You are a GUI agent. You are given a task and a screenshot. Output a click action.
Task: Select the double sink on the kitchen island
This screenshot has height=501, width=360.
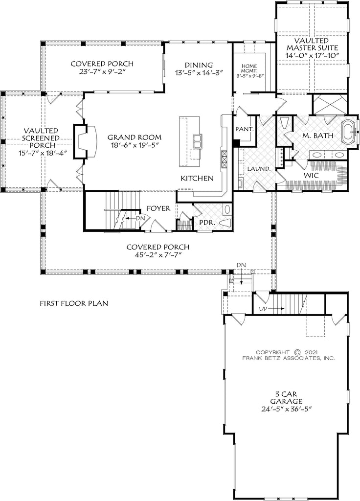pos(198,142)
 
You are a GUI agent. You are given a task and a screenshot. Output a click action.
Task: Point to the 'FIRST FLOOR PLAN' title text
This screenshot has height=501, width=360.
pos(74,303)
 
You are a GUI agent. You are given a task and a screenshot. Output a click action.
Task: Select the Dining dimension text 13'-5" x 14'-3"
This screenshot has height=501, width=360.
pos(199,73)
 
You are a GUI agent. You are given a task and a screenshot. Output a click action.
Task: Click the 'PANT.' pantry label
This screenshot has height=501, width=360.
pos(244,129)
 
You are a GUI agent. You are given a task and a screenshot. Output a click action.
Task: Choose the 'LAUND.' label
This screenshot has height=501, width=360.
pos(259,168)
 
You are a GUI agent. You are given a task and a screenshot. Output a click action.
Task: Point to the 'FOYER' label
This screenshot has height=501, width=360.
pos(158,208)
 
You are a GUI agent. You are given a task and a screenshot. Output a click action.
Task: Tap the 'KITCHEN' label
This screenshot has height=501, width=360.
pos(197,178)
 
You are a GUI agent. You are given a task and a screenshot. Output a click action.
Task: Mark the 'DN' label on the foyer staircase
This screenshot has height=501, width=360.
pos(139,219)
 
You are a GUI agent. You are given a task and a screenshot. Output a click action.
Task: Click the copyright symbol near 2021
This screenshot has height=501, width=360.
pos(297,351)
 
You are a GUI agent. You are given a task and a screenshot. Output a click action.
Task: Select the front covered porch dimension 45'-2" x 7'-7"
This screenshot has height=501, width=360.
pos(157,255)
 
